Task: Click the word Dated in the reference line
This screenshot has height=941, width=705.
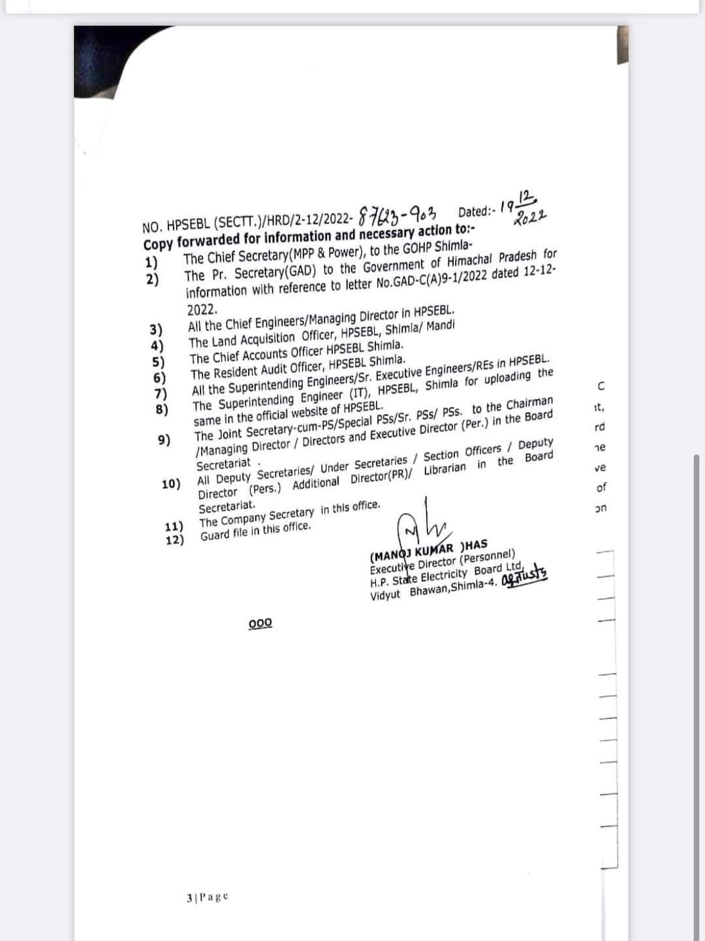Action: tap(474, 211)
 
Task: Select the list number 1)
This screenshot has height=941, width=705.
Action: tap(151, 263)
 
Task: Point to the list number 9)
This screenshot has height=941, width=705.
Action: tap(164, 439)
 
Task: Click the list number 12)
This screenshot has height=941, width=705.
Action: tap(175, 539)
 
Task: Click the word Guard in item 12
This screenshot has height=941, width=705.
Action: tap(216, 535)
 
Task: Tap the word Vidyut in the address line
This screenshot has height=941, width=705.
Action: tap(385, 596)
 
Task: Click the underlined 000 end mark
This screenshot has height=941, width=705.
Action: tap(260, 623)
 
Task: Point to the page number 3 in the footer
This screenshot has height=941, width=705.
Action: tap(189, 899)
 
